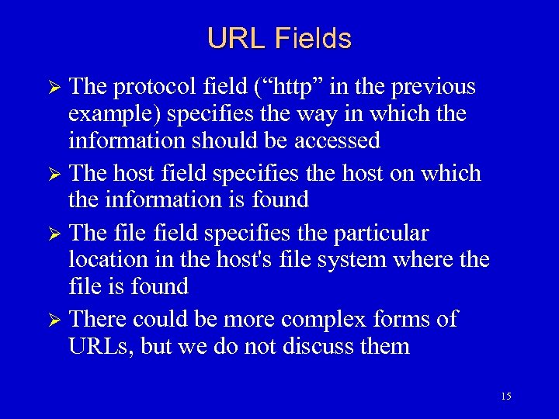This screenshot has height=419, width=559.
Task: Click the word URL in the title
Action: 231,38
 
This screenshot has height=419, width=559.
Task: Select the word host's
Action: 246,259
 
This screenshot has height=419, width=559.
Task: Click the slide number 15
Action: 506,396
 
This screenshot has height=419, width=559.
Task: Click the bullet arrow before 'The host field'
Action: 55,174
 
